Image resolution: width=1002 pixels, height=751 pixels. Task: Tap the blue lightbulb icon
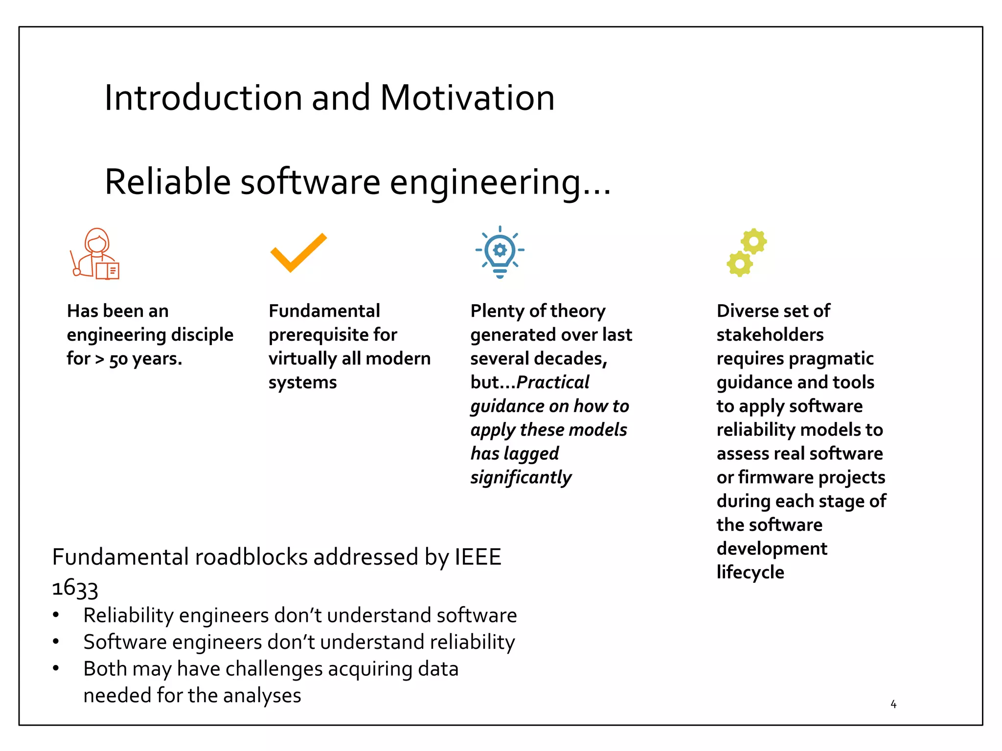tap(500, 252)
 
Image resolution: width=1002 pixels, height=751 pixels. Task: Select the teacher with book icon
tap(96, 254)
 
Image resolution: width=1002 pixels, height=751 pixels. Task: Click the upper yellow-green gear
tap(753, 241)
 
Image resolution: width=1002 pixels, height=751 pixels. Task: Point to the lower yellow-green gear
tap(739, 264)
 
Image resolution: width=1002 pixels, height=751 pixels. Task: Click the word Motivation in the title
tap(467, 98)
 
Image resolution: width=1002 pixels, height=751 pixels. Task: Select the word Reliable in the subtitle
tap(167, 182)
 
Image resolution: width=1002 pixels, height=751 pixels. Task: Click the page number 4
tap(893, 704)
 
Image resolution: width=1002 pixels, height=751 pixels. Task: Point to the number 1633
tap(75, 588)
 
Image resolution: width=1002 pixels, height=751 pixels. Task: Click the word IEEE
tap(478, 557)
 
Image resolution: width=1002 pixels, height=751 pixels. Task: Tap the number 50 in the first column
tap(118, 359)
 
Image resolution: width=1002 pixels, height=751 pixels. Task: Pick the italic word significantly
tap(521, 478)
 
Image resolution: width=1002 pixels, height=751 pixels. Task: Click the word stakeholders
tap(770, 335)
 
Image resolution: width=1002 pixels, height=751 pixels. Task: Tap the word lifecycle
tap(750, 573)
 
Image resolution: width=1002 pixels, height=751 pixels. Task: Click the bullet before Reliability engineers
tap(56, 615)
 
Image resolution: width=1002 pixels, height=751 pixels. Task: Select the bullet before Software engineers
tap(56, 641)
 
